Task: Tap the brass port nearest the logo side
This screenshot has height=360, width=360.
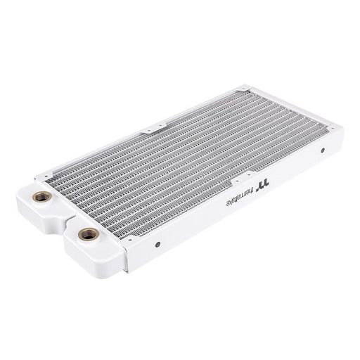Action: tap(88, 234)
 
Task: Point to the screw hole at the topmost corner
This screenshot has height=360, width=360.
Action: tap(243, 89)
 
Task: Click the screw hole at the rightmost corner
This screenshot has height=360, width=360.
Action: tap(329, 126)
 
